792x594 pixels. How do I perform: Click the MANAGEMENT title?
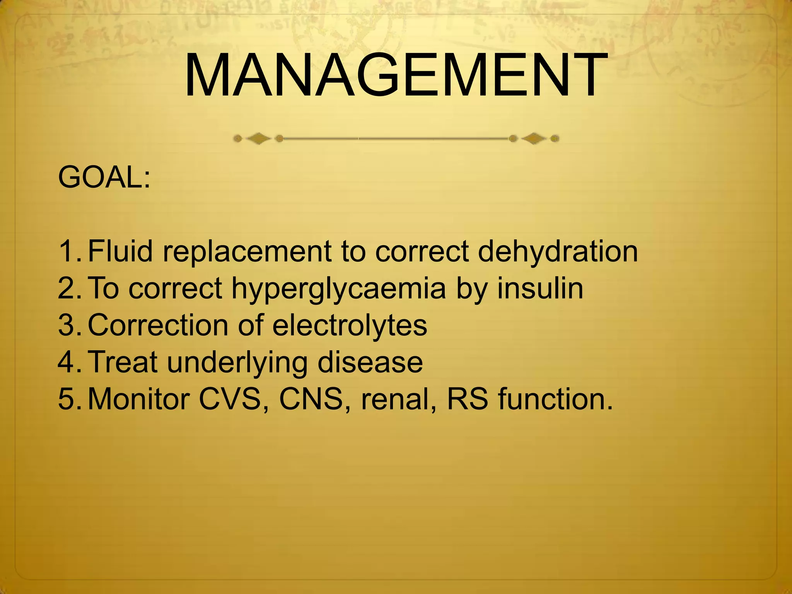point(396,75)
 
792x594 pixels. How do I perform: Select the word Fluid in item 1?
point(120,251)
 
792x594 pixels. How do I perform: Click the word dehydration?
point(558,251)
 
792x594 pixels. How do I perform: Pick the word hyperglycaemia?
point(339,289)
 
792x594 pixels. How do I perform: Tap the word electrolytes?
point(350,325)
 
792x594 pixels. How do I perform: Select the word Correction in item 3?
point(158,325)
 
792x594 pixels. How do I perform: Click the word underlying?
point(237,363)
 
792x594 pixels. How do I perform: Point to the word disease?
point(370,362)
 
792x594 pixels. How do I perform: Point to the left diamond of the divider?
point(258,138)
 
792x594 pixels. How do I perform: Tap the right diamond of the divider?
point(534,138)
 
